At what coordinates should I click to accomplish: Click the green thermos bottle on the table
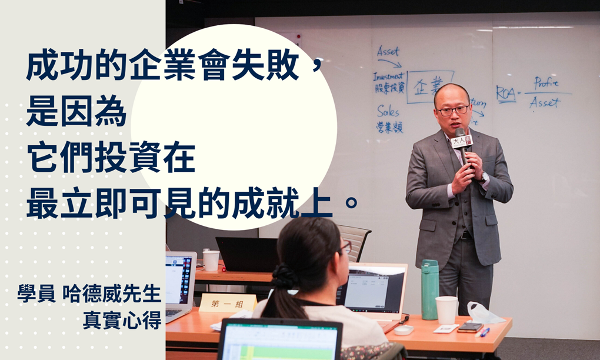tap(429, 289)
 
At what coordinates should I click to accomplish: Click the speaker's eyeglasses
tap(452, 110)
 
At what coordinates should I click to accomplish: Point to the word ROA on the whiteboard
tap(505, 93)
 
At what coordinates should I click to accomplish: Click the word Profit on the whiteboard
tap(545, 83)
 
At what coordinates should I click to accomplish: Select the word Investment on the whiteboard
tap(388, 76)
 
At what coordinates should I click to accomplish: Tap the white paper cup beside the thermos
tap(446, 309)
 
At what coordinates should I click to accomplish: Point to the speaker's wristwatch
tap(484, 178)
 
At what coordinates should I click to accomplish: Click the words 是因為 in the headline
tap(76, 114)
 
